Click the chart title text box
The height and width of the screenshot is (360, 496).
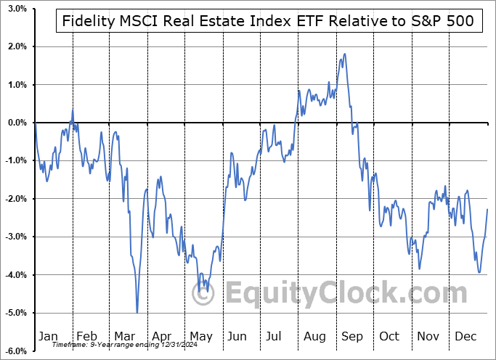coord(266,21)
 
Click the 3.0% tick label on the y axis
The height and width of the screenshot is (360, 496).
coord(15,9)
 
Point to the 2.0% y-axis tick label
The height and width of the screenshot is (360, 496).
coord(15,46)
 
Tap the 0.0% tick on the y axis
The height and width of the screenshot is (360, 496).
coord(15,123)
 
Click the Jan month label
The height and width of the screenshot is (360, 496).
coord(48,337)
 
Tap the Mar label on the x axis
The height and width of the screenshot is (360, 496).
coord(124,337)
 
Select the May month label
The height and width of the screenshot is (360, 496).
coord(201,337)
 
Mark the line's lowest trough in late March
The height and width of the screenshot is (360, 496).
coord(137,312)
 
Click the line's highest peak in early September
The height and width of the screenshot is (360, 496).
coord(344,54)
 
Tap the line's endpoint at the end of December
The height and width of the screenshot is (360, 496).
coord(487,209)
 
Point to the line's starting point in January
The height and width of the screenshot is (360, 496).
coord(35,123)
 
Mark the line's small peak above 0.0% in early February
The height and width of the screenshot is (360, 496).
coord(73,110)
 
